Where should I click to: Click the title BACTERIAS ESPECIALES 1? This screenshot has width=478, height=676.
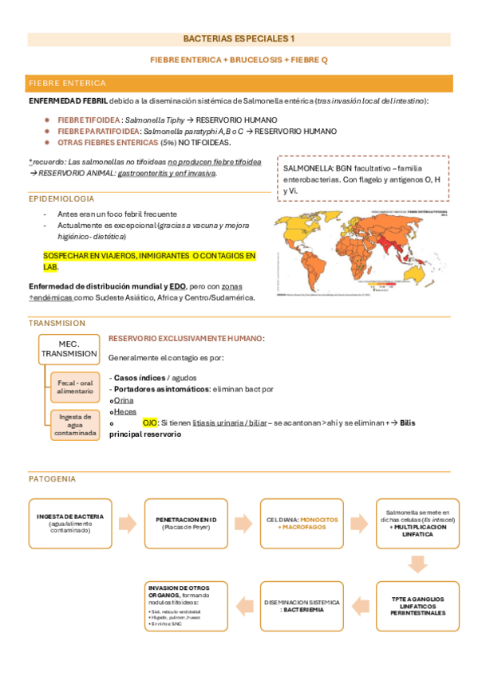pos(239,38)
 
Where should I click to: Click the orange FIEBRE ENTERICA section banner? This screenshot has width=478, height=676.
pos(239,83)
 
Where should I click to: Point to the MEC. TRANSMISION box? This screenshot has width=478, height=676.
pos(69,348)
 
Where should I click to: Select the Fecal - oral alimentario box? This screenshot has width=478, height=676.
pos(75,386)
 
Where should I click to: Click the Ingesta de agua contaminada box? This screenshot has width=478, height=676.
pos(75,424)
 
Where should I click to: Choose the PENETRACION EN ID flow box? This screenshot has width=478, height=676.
pos(186,522)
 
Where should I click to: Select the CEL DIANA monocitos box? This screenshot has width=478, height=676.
pos(302,522)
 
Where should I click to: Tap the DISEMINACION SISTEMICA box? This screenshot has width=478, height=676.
pos(302,605)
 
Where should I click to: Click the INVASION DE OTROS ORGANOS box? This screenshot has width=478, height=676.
pos(186,606)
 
